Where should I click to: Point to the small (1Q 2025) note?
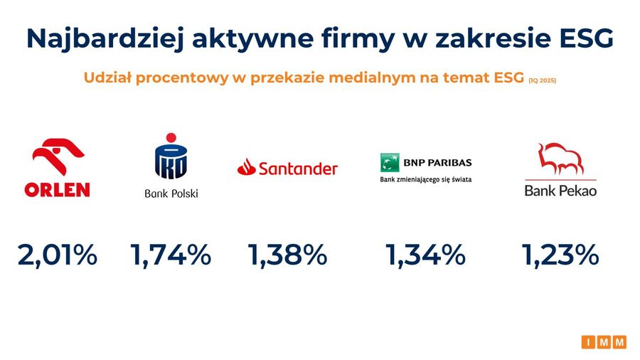point(543,80)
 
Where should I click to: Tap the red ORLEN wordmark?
point(57,190)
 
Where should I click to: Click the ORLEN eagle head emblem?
point(58,156)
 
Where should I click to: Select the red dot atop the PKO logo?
point(171,137)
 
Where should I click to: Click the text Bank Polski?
point(171,193)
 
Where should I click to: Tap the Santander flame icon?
point(247,167)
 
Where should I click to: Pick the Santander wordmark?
point(299,168)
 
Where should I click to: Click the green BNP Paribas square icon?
point(390,162)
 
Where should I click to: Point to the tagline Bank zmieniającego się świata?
point(426,179)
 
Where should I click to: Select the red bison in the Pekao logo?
point(560,159)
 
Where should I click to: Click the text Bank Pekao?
point(560,191)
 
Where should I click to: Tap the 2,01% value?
point(58,255)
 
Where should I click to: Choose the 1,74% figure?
point(171,255)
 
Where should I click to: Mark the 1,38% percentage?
point(287,255)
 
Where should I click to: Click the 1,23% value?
point(560,255)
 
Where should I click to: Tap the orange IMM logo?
point(604,342)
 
